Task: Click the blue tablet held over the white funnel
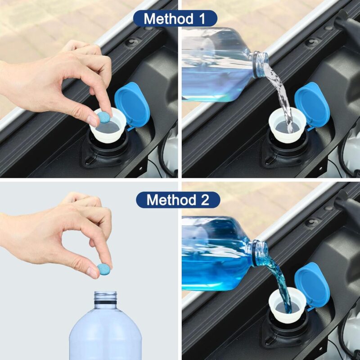[104, 118]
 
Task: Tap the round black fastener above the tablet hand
[131, 42]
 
